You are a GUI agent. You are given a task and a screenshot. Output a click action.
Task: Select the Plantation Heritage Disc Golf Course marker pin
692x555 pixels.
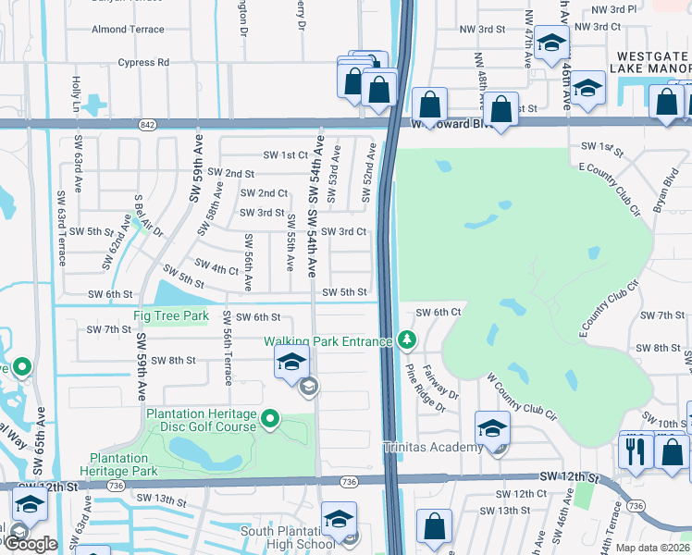270,420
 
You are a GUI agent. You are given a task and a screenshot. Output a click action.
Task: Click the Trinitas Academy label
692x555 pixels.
433,448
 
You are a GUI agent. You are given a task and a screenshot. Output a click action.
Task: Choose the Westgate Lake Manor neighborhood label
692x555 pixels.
650,63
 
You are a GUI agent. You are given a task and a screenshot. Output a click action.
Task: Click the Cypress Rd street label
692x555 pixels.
143,63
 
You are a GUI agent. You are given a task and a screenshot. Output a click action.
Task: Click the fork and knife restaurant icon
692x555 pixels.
635,450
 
